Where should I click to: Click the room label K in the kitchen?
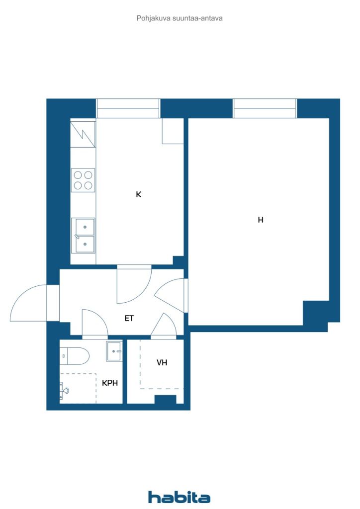(x=139, y=194)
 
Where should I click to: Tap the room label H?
(x=261, y=220)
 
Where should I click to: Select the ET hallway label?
(x=129, y=318)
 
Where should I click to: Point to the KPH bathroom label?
(x=110, y=383)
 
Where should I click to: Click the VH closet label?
(x=162, y=362)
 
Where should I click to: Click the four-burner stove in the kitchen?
(x=83, y=180)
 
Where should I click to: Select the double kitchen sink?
(x=83, y=236)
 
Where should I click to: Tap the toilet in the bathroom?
(x=74, y=356)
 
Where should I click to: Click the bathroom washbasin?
(x=114, y=351)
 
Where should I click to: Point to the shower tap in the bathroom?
(x=64, y=390)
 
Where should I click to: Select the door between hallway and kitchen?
(x=134, y=284)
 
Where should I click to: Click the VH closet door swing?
(x=164, y=325)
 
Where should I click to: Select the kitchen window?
(x=128, y=108)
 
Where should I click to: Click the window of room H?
(x=265, y=108)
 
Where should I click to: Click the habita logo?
(x=179, y=497)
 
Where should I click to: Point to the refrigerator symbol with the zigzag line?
(x=83, y=134)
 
